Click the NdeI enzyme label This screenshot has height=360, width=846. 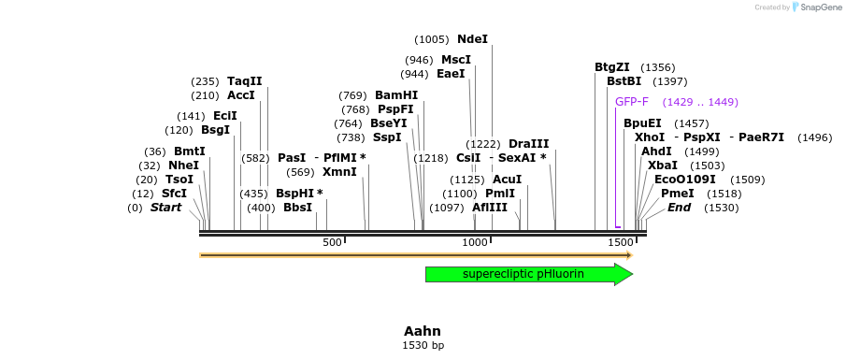point(472,39)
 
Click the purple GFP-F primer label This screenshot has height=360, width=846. point(632,102)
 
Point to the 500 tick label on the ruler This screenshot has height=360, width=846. point(332,243)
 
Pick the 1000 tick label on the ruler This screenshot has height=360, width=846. point(475,243)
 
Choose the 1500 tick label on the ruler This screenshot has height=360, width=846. point(621,243)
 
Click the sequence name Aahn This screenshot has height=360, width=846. point(423,331)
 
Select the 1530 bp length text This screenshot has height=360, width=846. point(423,346)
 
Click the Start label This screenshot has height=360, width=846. point(165,208)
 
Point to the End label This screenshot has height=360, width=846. point(679,208)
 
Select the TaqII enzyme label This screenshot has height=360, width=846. point(245,81)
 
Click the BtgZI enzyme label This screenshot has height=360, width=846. point(612,67)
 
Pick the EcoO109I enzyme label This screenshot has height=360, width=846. point(684,180)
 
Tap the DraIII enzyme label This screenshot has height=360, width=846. point(528,144)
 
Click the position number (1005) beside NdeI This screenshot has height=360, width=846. point(432,39)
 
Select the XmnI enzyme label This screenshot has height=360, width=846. point(339,172)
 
